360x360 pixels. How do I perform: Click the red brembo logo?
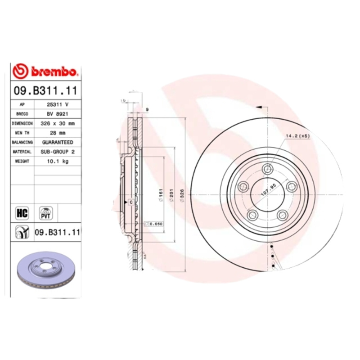click(46, 71)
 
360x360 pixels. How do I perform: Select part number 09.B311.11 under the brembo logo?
click(46, 90)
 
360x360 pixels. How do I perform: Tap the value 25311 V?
click(58, 104)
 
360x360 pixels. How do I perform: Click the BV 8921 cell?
click(58, 114)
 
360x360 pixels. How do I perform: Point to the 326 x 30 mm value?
click(58, 123)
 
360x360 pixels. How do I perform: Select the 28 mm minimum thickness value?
click(58, 133)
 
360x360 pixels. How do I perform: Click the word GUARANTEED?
click(58, 142)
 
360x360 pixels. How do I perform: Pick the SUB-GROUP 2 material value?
click(58, 152)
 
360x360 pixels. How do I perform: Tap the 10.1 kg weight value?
click(58, 162)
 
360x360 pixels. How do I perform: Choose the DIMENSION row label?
click(22, 123)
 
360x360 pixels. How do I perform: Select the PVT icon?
click(45, 212)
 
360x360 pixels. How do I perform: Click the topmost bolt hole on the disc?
click(268, 169)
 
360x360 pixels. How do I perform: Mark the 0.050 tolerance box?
click(153, 224)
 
